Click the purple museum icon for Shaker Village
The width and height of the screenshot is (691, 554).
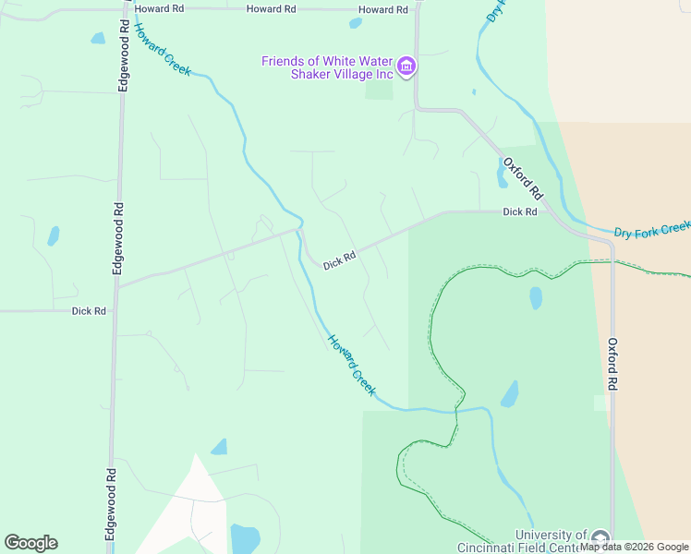(x=406, y=66)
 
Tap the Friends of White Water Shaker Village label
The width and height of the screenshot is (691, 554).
(x=328, y=67)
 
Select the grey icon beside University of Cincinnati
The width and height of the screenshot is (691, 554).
(x=600, y=538)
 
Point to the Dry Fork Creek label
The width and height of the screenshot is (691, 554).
(x=652, y=228)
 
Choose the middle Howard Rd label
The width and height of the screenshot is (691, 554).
(x=271, y=8)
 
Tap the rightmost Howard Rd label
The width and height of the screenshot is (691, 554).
(x=382, y=9)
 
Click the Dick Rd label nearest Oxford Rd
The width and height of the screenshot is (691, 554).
(x=520, y=211)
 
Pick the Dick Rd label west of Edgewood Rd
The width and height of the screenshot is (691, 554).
(x=89, y=311)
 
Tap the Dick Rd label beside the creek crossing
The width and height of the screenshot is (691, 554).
(x=339, y=261)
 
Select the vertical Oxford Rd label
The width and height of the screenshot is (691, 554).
(x=612, y=364)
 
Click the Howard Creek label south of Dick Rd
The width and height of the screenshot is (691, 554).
(x=352, y=366)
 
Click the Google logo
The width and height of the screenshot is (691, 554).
(x=30, y=543)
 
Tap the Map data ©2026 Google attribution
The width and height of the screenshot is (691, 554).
(x=634, y=547)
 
